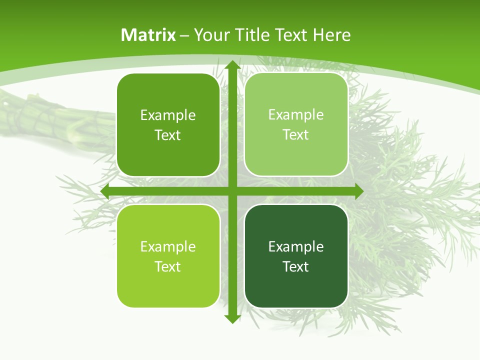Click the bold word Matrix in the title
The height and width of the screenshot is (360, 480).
pyautogui.click(x=148, y=35)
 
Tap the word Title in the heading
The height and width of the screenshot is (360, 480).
pyautogui.click(x=252, y=35)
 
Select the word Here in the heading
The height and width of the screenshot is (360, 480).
pyautogui.click(x=332, y=35)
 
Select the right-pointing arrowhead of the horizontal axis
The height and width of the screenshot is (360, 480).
pyautogui.click(x=358, y=191)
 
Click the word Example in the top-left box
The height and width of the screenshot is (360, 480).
pyautogui.click(x=168, y=115)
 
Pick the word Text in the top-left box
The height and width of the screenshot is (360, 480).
pyautogui.click(x=168, y=135)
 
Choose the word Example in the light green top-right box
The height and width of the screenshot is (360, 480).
pyautogui.click(x=296, y=115)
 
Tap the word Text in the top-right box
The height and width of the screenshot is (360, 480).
pyautogui.click(x=296, y=135)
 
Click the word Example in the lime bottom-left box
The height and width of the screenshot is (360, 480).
pyautogui.click(x=168, y=246)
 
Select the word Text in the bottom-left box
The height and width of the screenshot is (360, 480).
pyautogui.click(x=168, y=266)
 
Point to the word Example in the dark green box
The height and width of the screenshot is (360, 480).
pyautogui.click(x=296, y=246)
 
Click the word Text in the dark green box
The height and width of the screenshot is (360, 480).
pyautogui.click(x=296, y=266)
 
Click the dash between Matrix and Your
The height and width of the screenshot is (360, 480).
pyautogui.click(x=185, y=35)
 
